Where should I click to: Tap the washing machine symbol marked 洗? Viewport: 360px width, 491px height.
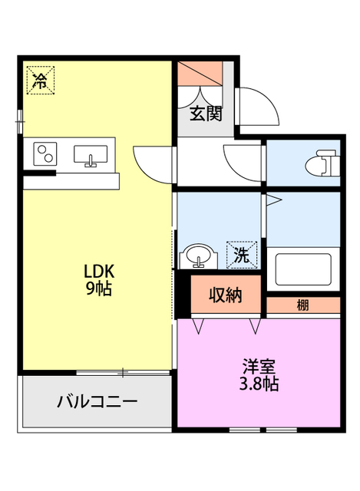tap(237, 252)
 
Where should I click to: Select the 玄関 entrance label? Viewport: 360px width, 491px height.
tap(206, 114)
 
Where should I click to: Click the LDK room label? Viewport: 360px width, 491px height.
tap(98, 272)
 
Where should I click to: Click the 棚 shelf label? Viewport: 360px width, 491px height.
tap(303, 305)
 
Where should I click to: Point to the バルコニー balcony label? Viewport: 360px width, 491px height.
tap(97, 402)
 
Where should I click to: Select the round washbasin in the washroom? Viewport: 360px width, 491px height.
tap(197, 255)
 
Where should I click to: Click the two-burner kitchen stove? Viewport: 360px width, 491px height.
tap(45, 154)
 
